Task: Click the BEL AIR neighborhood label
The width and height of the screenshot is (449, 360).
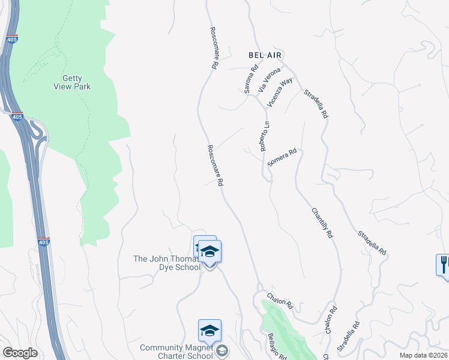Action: (x=265, y=54)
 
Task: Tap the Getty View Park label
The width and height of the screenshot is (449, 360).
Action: (x=76, y=82)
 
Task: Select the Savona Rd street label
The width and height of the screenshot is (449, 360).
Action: (x=250, y=79)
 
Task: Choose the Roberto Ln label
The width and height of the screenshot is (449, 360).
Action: (x=265, y=136)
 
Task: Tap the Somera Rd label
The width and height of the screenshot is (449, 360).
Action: (x=282, y=158)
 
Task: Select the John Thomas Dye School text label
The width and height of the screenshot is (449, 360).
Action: (x=167, y=263)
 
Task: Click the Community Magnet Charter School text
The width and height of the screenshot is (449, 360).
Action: (x=176, y=352)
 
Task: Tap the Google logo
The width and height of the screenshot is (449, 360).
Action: (x=20, y=353)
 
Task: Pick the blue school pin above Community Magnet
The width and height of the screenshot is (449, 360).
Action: (x=209, y=331)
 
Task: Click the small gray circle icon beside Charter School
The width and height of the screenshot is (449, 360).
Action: (x=221, y=352)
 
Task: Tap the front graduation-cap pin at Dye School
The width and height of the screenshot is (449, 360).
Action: (x=209, y=251)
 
